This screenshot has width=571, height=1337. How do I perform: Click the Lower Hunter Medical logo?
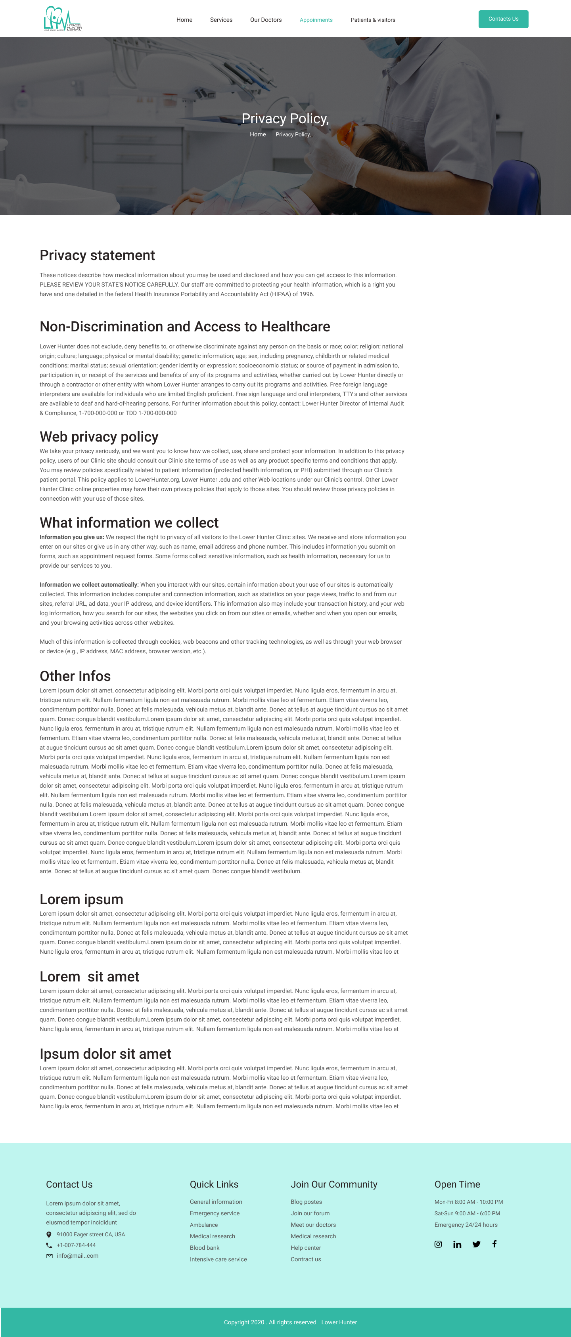(63, 19)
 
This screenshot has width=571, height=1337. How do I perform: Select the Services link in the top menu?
(221, 20)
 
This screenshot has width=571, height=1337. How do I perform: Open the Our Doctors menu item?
(266, 20)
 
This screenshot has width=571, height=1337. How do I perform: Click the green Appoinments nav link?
(316, 20)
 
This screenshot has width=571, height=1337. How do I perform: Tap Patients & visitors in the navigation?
(373, 20)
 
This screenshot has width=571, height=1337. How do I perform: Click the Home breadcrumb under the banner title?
(257, 134)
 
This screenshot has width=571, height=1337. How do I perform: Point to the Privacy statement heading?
(97, 255)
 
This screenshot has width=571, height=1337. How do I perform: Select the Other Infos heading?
(75, 676)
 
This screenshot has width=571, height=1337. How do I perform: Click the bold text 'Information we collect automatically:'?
(89, 584)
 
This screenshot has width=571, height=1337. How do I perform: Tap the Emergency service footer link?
(215, 1213)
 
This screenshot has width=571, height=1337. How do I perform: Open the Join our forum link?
(310, 1213)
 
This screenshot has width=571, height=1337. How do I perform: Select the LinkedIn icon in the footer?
(457, 1244)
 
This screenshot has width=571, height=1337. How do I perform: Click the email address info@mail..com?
(77, 1255)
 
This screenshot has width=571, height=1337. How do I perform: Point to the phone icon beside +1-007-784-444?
(49, 1245)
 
